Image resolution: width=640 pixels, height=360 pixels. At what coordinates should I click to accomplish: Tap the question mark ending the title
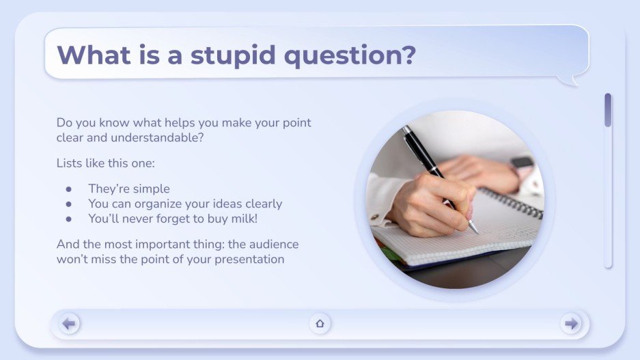[x=408, y=55]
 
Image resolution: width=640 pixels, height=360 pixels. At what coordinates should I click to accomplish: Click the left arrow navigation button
[x=69, y=323]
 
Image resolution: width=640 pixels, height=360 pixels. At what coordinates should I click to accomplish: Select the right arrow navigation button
[x=571, y=323]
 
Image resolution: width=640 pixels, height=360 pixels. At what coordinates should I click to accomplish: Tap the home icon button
[x=320, y=323]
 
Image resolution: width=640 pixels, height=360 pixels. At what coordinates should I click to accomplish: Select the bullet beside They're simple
[x=68, y=189]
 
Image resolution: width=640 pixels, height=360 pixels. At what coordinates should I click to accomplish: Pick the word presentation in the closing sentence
[x=247, y=259]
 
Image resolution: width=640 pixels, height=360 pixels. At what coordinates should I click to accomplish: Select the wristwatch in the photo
[x=523, y=165]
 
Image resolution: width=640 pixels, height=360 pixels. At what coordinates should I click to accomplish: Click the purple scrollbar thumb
[x=607, y=110]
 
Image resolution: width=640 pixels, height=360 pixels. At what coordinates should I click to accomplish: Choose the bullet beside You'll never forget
[x=68, y=219]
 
